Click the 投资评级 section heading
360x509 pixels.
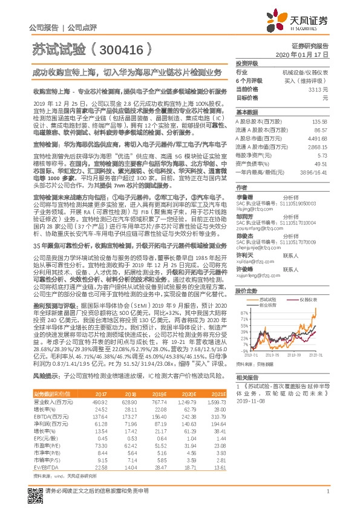(x=247, y=63)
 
